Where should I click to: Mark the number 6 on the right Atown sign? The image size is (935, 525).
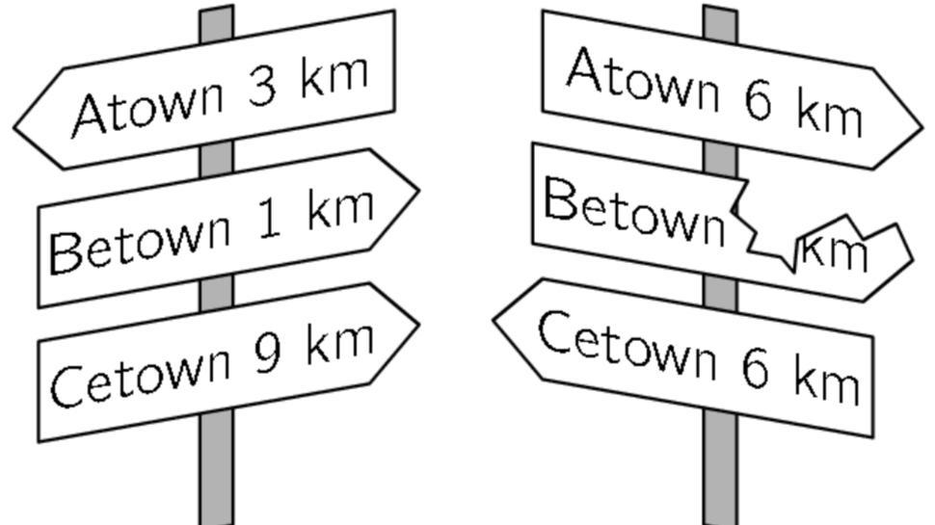[x=759, y=101]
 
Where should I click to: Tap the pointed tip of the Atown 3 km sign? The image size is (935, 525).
[x=17, y=124]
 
